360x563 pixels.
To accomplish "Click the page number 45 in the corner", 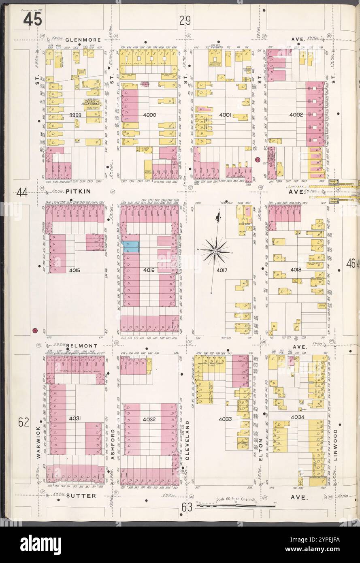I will [32, 19].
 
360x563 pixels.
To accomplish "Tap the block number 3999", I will [75, 115].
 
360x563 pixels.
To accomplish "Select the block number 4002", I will [296, 115].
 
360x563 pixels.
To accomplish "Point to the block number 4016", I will [149, 269].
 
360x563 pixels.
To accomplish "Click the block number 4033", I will [226, 419].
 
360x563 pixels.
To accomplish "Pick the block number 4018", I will [296, 269].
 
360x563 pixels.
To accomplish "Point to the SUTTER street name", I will [81, 495].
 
